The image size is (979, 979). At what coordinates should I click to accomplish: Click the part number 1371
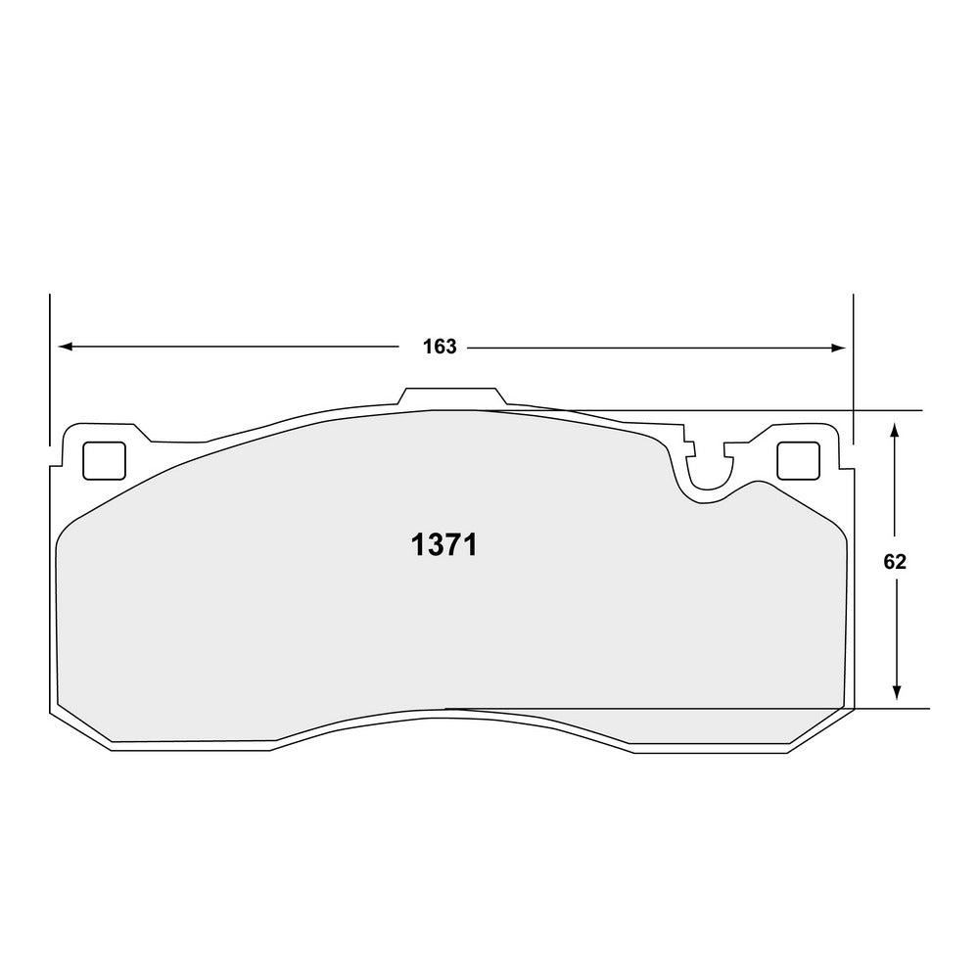pos(443,545)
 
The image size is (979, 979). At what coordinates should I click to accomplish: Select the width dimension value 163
pos(440,347)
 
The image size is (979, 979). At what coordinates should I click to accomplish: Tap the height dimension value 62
pos(895,561)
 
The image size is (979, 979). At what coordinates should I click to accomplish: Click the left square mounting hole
pos(104,460)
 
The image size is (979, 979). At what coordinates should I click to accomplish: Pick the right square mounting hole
pos(798,460)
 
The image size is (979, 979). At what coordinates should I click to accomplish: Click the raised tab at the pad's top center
pos(451,396)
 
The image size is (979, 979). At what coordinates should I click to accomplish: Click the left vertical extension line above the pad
pos(49,372)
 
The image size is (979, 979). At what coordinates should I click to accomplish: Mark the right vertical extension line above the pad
pos(854,372)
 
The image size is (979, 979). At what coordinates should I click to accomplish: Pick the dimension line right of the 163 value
pos(646,347)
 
